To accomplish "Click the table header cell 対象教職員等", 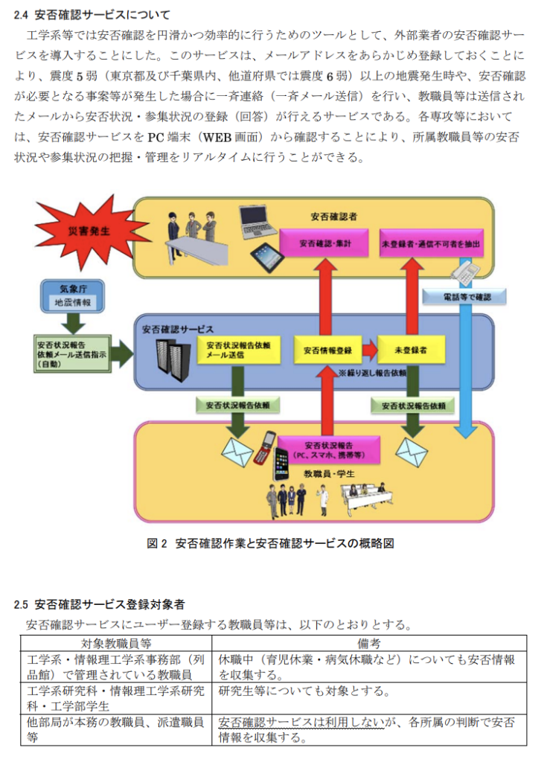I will (x=115, y=643).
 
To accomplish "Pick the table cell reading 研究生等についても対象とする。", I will (x=304, y=691).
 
